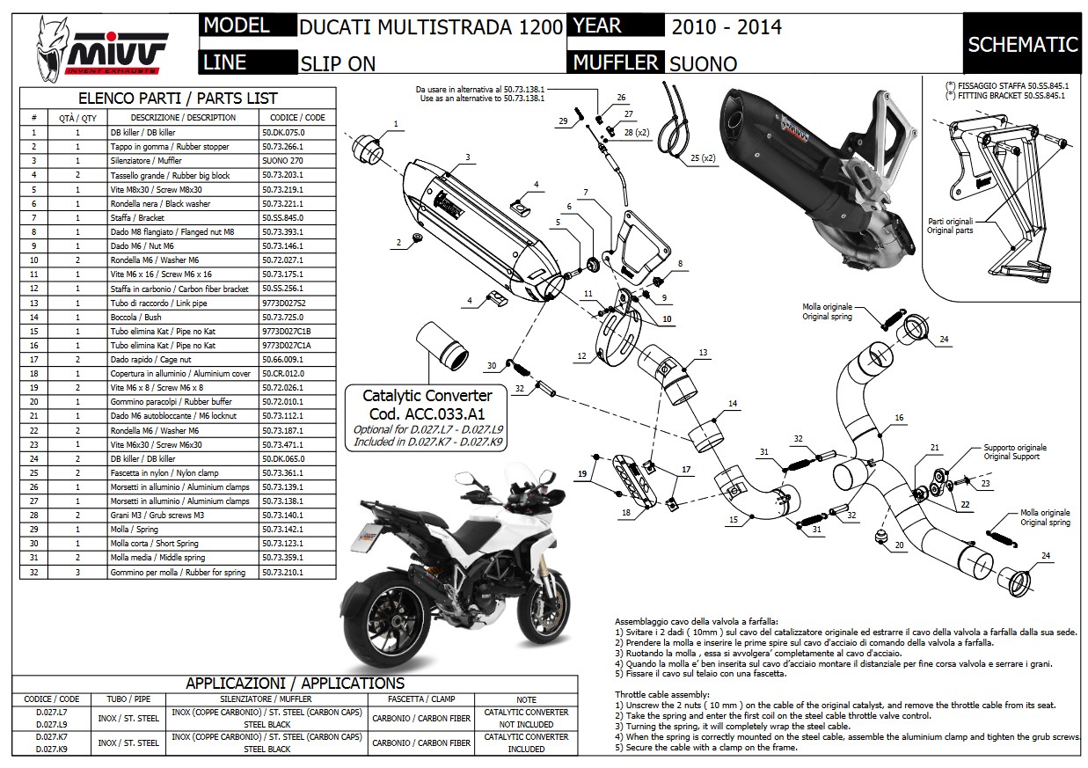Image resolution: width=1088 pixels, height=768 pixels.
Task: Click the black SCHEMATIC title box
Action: pyautogui.click(x=1022, y=44)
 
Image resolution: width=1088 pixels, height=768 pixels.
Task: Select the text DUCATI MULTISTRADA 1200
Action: pyautogui.click(x=431, y=26)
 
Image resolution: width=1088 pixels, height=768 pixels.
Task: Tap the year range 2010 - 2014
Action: pyautogui.click(x=727, y=26)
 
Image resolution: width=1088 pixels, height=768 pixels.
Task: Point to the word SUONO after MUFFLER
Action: pyautogui.click(x=703, y=63)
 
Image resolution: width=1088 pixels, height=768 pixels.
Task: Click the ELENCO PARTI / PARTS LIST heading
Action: pyautogui.click(x=178, y=99)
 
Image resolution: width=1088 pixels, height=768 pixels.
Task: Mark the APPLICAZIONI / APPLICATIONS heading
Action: pyautogui.click(x=295, y=684)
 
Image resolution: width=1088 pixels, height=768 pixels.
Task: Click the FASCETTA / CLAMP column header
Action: pyautogui.click(x=421, y=699)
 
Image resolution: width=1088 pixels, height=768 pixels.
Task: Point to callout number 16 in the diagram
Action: pyautogui.click(x=899, y=417)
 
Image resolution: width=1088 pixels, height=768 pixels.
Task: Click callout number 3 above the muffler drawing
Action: pyautogui.click(x=468, y=157)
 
